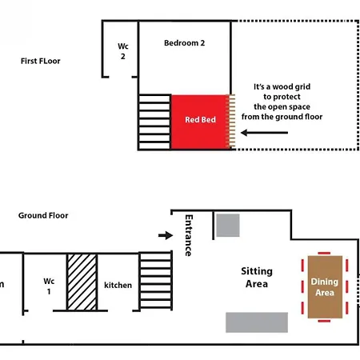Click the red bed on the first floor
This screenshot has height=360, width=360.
199,122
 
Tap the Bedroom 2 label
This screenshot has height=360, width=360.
185,43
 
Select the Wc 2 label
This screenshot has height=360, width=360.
123,51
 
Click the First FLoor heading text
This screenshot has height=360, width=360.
41,61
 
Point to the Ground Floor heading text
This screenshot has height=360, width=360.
43,215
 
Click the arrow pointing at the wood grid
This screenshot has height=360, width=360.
264,133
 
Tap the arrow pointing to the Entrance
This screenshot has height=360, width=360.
166,235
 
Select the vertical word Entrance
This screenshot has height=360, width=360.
189,235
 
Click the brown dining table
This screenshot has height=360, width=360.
325,287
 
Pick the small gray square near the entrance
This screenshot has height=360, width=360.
228,226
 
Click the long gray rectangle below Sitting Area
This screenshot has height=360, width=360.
257,322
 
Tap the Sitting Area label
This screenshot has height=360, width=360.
257,278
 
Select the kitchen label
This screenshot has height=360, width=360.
118,285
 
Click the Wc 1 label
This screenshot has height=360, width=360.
49,286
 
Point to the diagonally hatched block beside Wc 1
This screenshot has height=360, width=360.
82,282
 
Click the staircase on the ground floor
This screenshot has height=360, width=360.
155,281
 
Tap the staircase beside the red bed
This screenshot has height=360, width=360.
154,122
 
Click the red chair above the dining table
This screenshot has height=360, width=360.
324,253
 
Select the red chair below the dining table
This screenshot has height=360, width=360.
324,321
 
